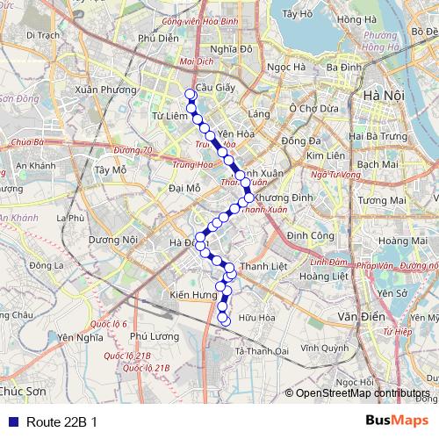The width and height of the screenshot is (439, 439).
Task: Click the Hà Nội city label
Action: pyautogui.click(x=383, y=96)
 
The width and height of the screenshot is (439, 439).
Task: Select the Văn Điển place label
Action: pyautogui.click(x=358, y=313)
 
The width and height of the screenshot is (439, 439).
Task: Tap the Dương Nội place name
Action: pyautogui.click(x=113, y=239)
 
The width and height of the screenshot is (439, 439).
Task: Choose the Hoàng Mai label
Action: pyautogui.click(x=404, y=241)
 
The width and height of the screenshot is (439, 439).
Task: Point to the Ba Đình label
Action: pyautogui.click(x=343, y=67)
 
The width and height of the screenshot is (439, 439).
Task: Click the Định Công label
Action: pyautogui.click(x=309, y=235)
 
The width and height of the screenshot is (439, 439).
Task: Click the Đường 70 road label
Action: pyautogui.click(x=133, y=150)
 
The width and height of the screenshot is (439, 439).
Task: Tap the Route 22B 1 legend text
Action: pyautogui.click(x=61, y=421)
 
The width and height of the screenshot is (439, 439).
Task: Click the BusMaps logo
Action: pyautogui.click(x=396, y=421)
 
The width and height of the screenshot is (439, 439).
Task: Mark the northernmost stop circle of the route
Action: pyautogui.click(x=190, y=94)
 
